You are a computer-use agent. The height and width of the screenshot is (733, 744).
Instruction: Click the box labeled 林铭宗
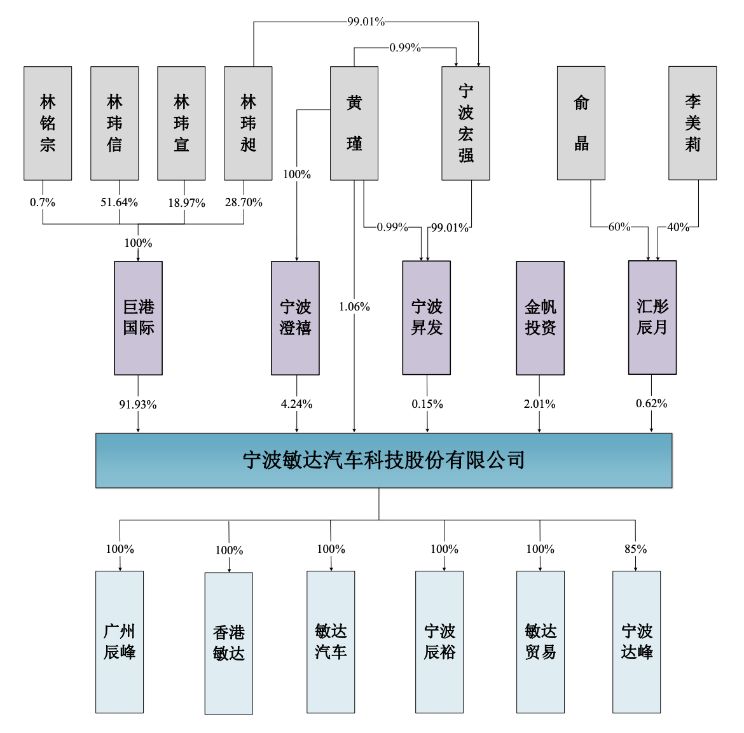pos(48,123)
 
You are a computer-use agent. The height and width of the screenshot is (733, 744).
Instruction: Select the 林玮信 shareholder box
pos(115,123)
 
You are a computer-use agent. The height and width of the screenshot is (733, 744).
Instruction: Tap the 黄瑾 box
pos(354,123)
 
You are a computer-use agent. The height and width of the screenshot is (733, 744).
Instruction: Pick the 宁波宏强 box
pos(465,123)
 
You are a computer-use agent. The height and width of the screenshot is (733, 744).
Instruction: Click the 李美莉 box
pos(692,123)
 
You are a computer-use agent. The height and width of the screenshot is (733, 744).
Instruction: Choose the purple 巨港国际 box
pos(139,318)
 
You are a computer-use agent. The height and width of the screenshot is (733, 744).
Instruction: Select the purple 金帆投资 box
pos(541,318)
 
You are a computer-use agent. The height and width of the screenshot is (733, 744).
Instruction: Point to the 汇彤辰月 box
pos(652,318)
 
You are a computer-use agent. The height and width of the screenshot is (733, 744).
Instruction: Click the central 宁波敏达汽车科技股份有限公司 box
pos(384,461)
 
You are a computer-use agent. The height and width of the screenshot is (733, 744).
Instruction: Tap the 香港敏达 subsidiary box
pos(229,643)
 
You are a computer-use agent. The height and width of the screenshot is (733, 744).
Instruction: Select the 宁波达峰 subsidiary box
pos(637,642)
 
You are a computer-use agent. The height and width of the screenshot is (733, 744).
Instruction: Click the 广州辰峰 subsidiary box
pos(120,642)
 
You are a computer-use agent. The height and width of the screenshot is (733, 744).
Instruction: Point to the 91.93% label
pos(137,405)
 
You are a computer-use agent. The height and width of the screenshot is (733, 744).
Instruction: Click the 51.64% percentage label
pos(119,202)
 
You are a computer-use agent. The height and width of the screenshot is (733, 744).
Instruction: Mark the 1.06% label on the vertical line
pos(354,307)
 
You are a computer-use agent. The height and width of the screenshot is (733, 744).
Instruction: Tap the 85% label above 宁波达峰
pos(636,549)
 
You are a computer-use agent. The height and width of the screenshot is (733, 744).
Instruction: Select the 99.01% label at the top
pos(366,22)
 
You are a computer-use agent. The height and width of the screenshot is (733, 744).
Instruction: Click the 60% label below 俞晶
pos(620,227)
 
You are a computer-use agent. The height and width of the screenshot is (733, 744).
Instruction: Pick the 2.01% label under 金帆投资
pos(539,404)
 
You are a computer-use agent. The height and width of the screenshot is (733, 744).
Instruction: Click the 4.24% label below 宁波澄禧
pos(296,404)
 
